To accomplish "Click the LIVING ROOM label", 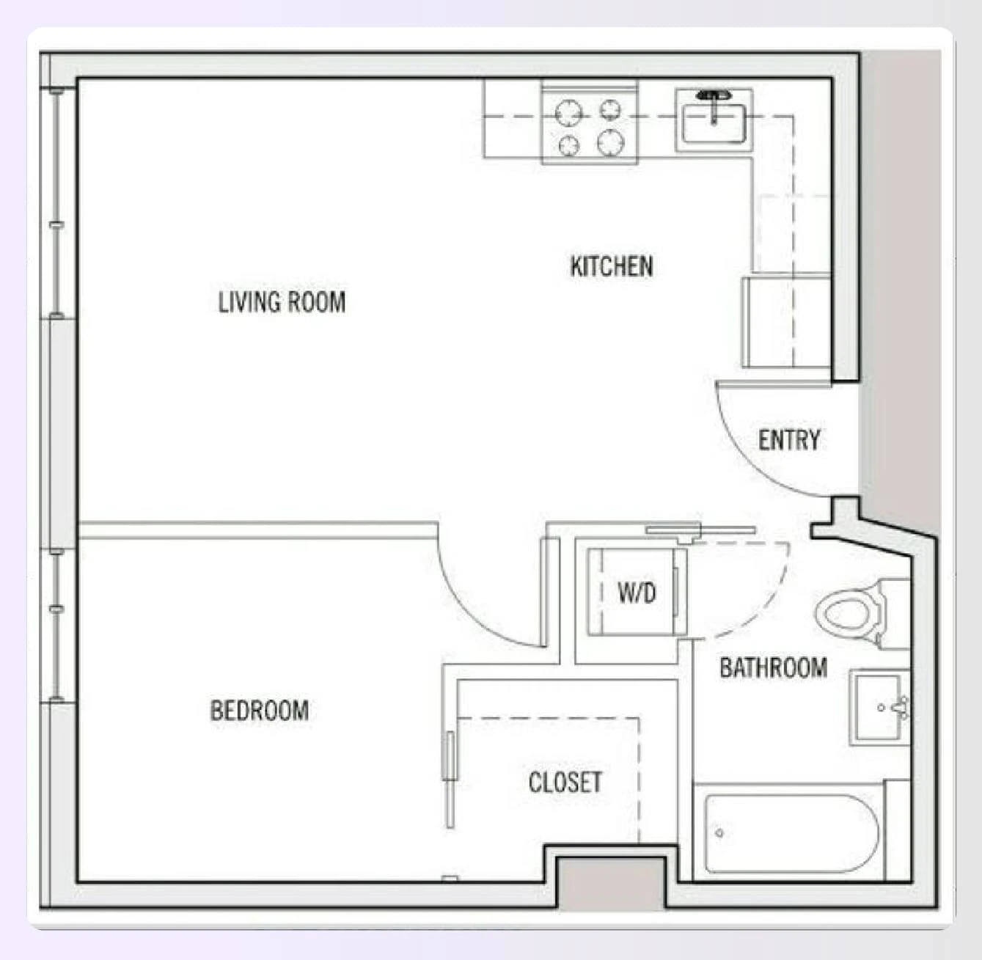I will tap(282, 302).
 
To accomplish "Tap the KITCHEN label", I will tap(612, 265).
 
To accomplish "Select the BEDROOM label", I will tap(259, 710).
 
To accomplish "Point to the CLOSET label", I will tap(565, 783).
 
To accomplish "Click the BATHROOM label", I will tap(773, 667).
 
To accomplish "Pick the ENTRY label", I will tap(788, 440).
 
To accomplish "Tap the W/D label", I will tap(636, 592).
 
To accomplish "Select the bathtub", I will tap(791, 833).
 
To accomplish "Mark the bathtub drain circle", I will tap(719, 833).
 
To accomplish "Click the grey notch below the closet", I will tap(611, 883).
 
